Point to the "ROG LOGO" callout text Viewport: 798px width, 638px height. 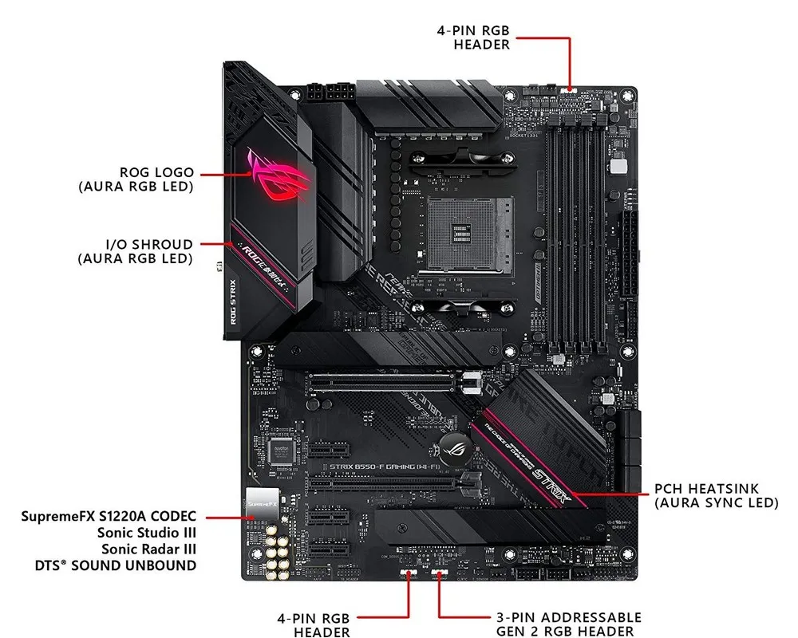(156, 172)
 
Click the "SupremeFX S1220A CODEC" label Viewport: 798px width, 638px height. (109, 517)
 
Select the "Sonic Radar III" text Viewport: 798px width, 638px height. (148, 549)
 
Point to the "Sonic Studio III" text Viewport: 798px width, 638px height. (147, 533)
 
